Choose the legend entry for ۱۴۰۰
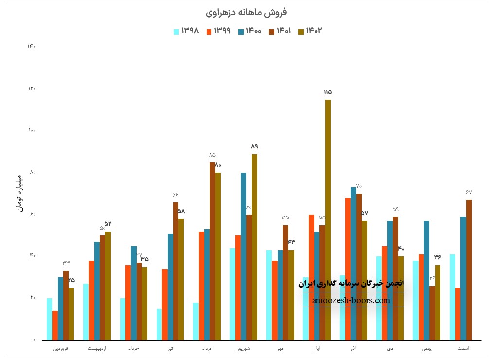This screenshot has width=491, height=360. tap(249, 31)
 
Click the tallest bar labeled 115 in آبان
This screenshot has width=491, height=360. tap(328, 219)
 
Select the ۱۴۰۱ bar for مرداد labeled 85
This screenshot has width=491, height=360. tap(212, 251)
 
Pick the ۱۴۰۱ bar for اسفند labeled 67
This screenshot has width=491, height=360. tap(469, 270)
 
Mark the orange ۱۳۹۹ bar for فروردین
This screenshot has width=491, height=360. tap(55, 325)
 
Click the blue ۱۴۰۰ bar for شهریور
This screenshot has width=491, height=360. tap(243, 256)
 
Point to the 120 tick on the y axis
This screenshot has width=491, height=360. tap(32, 89)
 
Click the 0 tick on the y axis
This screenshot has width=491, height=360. tap(34, 340)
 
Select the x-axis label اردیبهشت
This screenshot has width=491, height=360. tap(98, 349)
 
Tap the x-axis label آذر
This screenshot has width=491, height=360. tap(354, 349)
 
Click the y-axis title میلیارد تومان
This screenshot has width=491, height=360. tap(19, 193)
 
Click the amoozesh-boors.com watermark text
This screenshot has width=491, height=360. tap(351, 300)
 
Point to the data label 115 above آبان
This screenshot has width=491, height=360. tap(327, 92)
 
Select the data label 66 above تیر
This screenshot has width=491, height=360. tap(175, 195)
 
